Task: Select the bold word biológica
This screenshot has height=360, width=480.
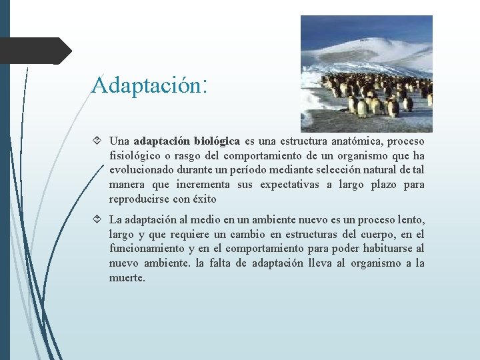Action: [217, 141]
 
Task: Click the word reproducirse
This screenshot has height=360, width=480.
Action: [139, 199]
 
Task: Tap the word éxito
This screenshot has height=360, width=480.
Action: [204, 199]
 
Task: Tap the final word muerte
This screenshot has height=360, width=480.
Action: [127, 278]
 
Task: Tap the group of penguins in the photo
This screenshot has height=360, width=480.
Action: [377, 93]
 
